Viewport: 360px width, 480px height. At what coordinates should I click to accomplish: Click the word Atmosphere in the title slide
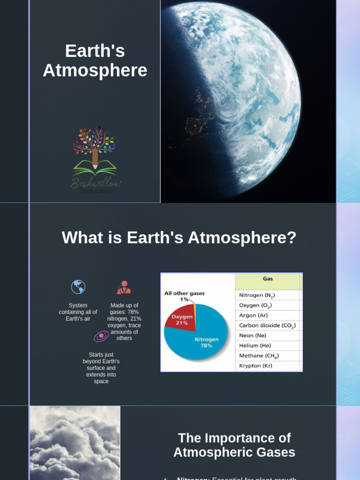point(95,71)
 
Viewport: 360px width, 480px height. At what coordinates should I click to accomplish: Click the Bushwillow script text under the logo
point(96,183)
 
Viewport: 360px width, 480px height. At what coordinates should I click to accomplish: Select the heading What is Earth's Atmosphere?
point(179,238)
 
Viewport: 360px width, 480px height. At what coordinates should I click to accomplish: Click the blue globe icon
point(78,287)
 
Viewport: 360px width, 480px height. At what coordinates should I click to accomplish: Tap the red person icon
point(124,287)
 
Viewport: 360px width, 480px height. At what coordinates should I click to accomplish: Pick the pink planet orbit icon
point(101,337)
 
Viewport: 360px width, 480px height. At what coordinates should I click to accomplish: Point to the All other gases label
point(184,293)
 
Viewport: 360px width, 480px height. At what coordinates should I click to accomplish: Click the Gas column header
point(268,279)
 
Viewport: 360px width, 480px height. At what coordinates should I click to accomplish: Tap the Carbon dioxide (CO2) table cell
point(268,325)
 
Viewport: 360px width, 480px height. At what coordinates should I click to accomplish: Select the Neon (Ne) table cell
point(253,336)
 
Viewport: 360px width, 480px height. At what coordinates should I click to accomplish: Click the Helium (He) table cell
point(255,345)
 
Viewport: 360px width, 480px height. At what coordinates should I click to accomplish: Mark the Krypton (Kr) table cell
point(255,366)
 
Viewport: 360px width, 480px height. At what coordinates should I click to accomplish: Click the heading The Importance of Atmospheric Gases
point(234,445)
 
